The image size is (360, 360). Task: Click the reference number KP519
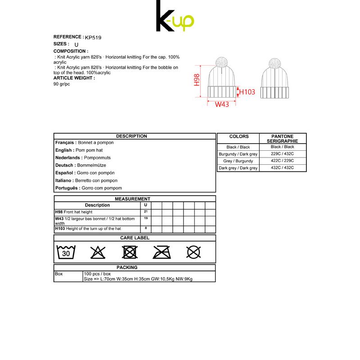coord(93,38)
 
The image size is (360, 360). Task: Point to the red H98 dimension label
coord(197,80)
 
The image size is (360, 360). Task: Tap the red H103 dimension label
coord(247,92)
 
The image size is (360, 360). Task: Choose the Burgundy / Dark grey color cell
coord(238,154)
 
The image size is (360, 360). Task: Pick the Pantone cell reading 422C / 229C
coord(282,161)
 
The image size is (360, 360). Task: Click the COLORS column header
coord(238,136)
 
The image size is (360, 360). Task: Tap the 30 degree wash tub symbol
coord(66,252)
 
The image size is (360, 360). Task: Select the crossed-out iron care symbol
coord(162,252)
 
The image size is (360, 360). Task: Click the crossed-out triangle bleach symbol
coord(98,252)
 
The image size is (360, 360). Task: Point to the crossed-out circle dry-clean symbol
coord(193,252)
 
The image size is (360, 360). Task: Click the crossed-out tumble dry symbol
coord(130,252)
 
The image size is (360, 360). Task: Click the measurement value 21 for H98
coord(146,211)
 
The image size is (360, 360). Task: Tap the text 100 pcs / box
coord(97,274)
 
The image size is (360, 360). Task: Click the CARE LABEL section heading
coord(135,238)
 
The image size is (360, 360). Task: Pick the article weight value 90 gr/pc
coord(62,84)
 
